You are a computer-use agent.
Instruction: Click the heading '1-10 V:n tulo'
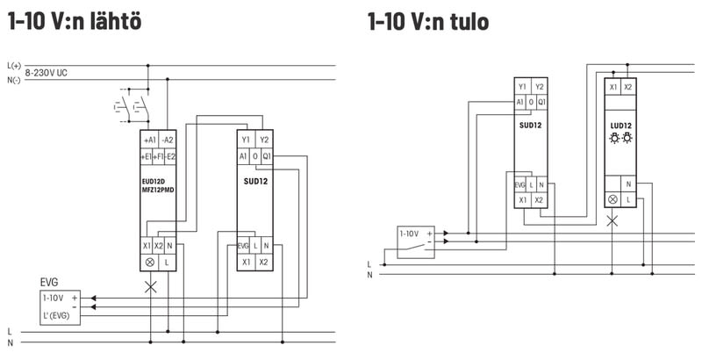point(429,20)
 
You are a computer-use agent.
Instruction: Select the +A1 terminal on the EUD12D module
point(149,140)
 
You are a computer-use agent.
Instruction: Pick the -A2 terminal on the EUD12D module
point(168,140)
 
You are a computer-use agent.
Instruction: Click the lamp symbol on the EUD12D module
point(148,263)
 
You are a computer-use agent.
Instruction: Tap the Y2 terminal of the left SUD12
point(264,140)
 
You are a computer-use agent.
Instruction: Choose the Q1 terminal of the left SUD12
point(266,156)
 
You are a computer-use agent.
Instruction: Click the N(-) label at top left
point(13,80)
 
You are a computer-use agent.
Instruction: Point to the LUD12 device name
point(620,126)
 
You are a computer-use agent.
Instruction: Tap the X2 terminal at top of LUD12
point(627,87)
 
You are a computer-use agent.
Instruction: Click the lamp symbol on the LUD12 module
point(612,199)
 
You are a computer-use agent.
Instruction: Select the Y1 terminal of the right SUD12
point(522,86)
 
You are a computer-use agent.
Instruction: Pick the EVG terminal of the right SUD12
point(520,185)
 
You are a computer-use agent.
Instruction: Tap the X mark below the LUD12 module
point(612,220)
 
